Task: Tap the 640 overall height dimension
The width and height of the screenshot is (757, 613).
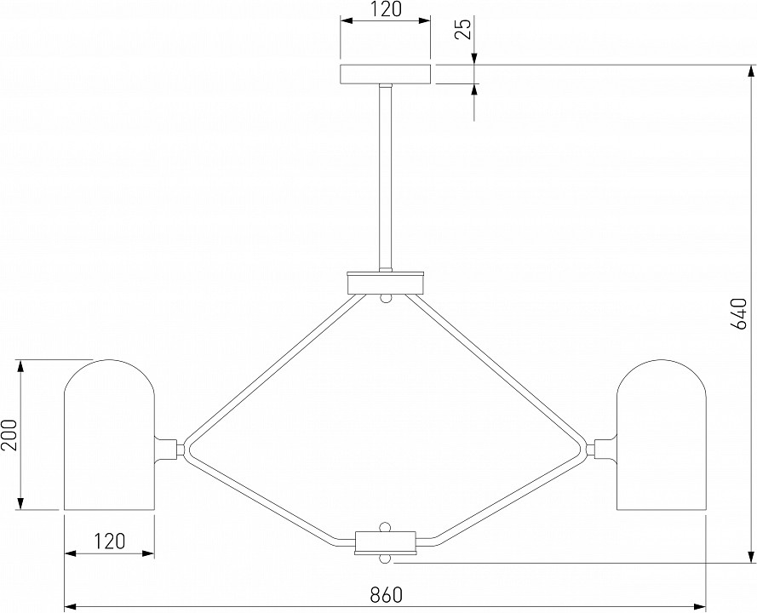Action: pos(739,314)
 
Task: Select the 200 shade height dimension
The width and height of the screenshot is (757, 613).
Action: pos(9,435)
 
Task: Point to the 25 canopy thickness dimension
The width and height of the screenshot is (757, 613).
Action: pos(463,28)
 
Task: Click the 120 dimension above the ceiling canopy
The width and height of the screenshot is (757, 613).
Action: pos(386,9)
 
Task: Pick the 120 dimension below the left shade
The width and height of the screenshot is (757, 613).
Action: pos(109,541)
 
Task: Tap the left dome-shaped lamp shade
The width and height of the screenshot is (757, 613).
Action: pos(110,434)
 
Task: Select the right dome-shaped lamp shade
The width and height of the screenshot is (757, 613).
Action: pos(661,434)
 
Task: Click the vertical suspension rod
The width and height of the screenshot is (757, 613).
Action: pos(385,178)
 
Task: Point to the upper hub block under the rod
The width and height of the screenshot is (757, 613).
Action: pos(386,283)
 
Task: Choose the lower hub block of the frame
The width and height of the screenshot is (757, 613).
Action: pos(386,542)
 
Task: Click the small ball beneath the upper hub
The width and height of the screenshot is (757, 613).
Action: pos(385,298)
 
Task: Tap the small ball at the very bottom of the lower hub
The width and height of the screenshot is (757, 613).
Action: pos(385,559)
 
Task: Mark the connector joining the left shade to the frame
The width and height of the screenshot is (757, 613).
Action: pos(169,450)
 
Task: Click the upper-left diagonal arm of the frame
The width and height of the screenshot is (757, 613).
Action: pos(275,370)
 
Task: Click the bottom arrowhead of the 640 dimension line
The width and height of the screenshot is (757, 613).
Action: pos(751,557)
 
